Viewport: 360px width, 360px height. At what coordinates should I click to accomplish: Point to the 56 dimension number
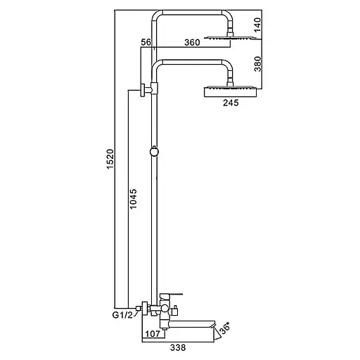pos(146,43)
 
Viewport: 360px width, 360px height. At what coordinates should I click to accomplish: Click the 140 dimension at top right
pos(257,26)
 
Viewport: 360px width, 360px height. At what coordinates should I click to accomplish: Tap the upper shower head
pos(228,37)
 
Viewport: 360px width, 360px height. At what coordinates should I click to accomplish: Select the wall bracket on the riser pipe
pos(145,90)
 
